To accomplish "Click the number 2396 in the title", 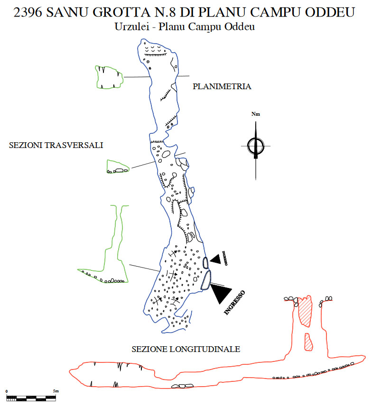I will [x=29, y=12].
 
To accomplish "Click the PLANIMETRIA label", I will [x=221, y=86].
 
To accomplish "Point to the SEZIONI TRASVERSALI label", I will [x=56, y=146].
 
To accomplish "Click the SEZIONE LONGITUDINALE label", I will [x=186, y=350].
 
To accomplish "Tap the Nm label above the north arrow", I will [x=256, y=114].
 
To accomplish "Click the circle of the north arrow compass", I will [x=256, y=146].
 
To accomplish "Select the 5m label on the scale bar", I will [x=56, y=391].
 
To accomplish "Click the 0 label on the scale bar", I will [x=7, y=391].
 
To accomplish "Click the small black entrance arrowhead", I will [x=215, y=259].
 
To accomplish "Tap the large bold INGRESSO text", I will [x=234, y=303].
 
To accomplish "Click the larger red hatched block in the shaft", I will [x=305, y=311].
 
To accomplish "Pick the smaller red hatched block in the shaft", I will [x=307, y=342].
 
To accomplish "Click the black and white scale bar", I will [x=31, y=397].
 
